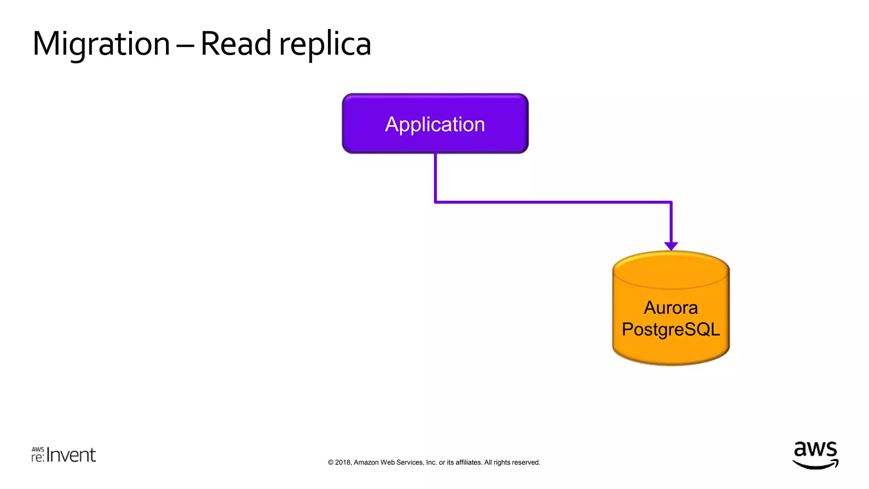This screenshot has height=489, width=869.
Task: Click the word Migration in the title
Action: pos(101,44)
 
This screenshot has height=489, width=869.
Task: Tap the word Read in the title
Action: pos(235,43)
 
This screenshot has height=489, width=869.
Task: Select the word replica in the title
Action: pos(325,44)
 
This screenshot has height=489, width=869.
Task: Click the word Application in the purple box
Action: pos(435,124)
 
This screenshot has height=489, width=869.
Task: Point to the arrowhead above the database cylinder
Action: pos(671,246)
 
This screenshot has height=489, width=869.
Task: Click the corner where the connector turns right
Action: pos(436,202)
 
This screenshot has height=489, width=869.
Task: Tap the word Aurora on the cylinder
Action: pos(670,308)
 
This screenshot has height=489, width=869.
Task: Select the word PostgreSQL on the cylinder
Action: pos(670,329)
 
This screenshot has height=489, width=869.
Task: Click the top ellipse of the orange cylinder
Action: pos(670,269)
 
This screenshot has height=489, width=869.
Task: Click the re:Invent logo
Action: pos(64,455)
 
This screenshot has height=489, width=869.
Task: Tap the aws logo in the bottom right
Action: pos(815,454)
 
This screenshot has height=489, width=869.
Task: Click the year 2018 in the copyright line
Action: pos(342,462)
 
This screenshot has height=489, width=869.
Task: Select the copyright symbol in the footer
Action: pos(331,462)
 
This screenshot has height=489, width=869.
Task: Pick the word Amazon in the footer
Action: pos(366,462)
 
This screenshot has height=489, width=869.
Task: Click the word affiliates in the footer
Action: pos(469,462)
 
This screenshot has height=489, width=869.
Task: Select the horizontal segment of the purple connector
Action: pos(552,202)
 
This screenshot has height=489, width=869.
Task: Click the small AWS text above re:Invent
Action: pos(38,449)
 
